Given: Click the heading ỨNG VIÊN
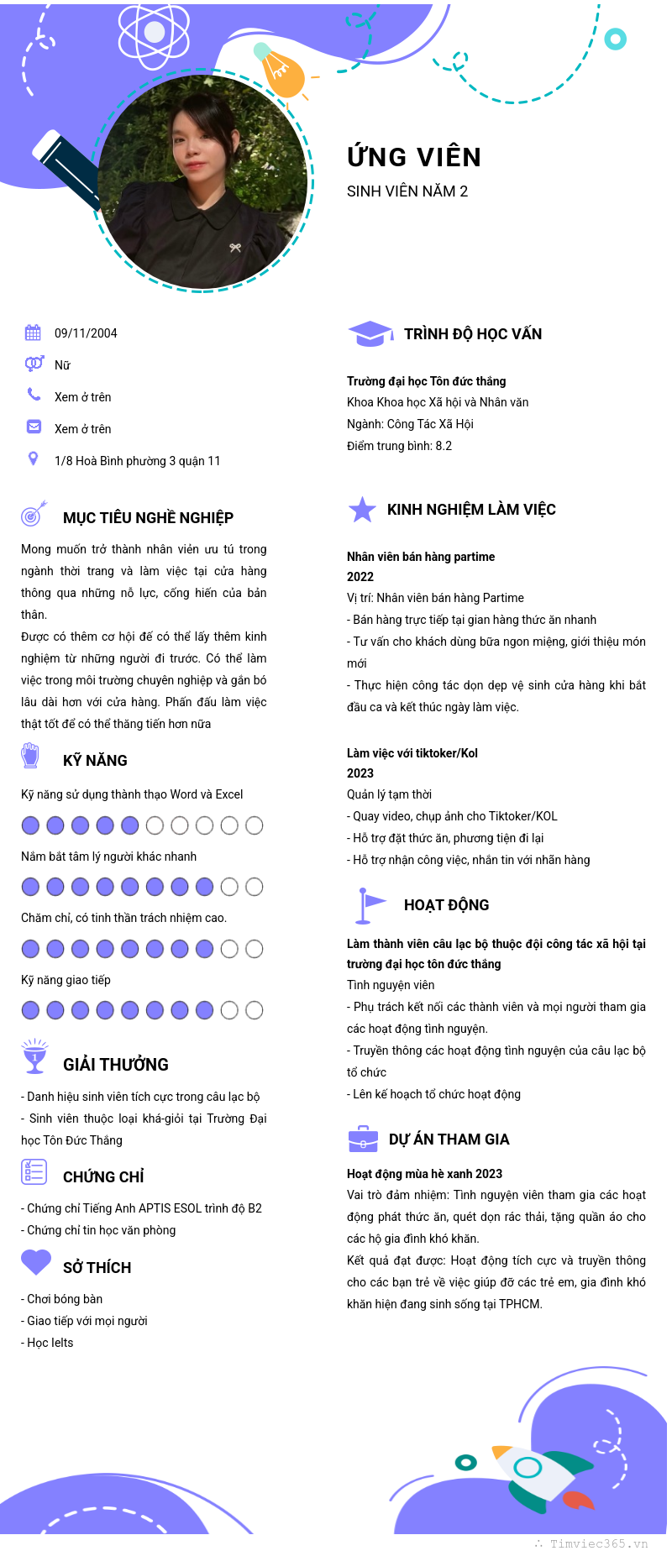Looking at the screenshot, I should click(x=414, y=157).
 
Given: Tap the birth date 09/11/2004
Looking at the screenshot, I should click(x=86, y=333).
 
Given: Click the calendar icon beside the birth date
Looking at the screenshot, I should click(x=33, y=333).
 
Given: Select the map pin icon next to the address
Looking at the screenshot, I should click(x=33, y=458).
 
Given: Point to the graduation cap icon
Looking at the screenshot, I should click(x=370, y=333).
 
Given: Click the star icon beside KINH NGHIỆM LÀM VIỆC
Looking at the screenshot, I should click(x=362, y=509).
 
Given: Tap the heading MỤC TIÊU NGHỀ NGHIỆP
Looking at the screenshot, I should click(x=148, y=518).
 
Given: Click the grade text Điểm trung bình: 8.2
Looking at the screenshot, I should click(x=399, y=446).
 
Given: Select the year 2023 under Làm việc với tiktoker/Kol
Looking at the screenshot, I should click(x=360, y=773).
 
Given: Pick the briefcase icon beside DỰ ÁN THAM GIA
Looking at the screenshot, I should click(x=363, y=1139).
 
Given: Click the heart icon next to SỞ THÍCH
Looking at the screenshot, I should click(x=36, y=1262).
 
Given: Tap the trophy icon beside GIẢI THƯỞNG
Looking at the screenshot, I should click(x=34, y=1056).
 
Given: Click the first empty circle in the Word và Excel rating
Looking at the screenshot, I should click(x=155, y=825).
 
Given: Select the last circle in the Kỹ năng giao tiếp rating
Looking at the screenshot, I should click(x=254, y=1010).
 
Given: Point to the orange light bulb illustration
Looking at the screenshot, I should click(x=281, y=71).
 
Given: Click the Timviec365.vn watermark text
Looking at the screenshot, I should click(x=597, y=1543).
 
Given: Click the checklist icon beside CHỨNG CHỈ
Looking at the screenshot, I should click(x=34, y=1171).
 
